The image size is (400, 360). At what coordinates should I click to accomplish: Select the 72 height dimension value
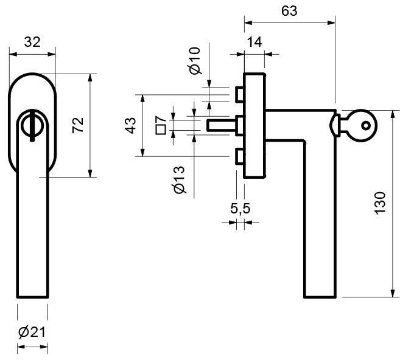pos(78,125)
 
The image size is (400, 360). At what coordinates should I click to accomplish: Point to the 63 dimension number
pos(289,11)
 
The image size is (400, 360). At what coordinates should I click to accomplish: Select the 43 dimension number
pos(130,125)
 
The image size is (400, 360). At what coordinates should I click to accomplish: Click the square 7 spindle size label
pos(161,125)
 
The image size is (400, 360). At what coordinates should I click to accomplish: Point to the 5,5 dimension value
pos(240,209)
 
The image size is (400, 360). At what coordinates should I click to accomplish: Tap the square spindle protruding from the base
pos(221,125)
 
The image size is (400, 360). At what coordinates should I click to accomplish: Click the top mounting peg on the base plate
pos(239,95)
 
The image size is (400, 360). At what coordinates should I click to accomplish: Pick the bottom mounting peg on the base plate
pos(239,157)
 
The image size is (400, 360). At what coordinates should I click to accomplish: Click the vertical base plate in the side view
pos(254,125)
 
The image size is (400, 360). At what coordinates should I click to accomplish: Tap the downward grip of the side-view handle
pos(320,219)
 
